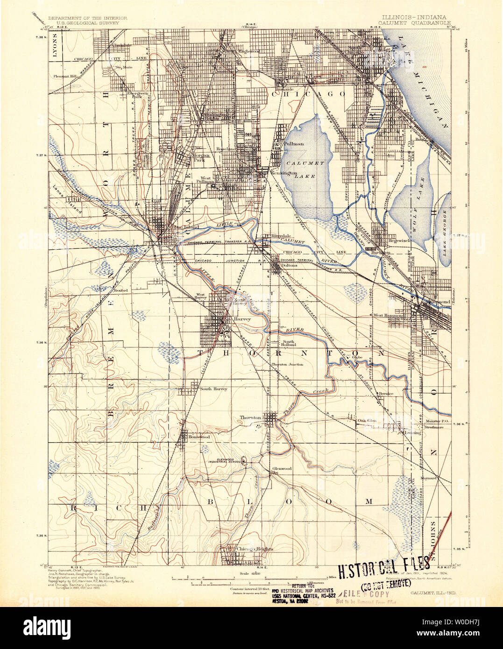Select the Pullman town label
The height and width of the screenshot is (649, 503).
(x=294, y=144)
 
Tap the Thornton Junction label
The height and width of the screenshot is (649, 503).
(x=287, y=364)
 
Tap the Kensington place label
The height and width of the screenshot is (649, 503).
(x=284, y=173)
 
